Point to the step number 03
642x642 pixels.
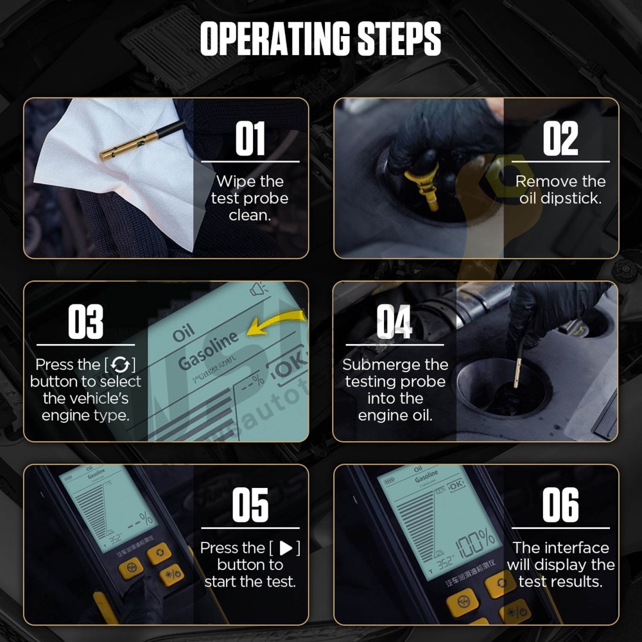click(85, 322)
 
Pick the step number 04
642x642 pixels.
click(394, 322)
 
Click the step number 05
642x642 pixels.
click(250, 506)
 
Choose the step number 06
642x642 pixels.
click(560, 506)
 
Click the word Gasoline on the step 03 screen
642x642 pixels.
click(208, 352)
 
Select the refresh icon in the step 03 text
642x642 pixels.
click(119, 365)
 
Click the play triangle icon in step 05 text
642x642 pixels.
click(286, 548)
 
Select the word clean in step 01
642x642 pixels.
click(250, 215)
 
